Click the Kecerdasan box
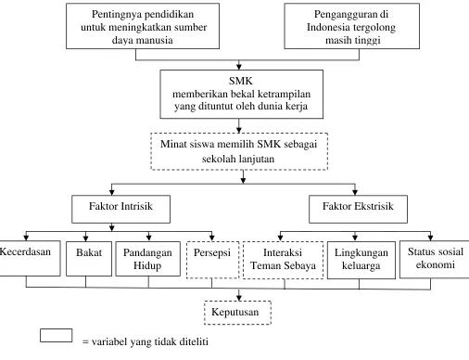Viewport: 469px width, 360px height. tap(30, 258)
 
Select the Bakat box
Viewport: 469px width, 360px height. tap(89, 259)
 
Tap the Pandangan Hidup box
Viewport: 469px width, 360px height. tap(148, 259)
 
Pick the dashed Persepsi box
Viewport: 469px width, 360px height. tap(213, 260)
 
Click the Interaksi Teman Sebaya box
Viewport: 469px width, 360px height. tap(284, 260)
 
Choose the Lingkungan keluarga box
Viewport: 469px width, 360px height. tap(361, 260)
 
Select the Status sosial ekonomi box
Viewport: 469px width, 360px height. tap(435, 259)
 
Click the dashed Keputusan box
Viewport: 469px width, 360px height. tap(237, 313)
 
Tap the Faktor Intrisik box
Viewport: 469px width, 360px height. tap(120, 209)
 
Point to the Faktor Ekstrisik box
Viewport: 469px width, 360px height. tap(358, 209)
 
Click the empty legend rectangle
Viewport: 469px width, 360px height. tap(57, 336)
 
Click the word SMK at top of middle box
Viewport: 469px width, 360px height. tap(241, 81)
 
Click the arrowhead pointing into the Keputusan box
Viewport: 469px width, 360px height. tap(239, 298)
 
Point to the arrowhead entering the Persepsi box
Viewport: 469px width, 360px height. tap(212, 238)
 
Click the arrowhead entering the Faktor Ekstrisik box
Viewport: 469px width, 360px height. tap(355, 192)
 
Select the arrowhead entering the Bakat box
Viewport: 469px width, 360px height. tap(85, 238)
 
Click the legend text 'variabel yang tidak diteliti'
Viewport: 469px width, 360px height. tap(150, 342)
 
